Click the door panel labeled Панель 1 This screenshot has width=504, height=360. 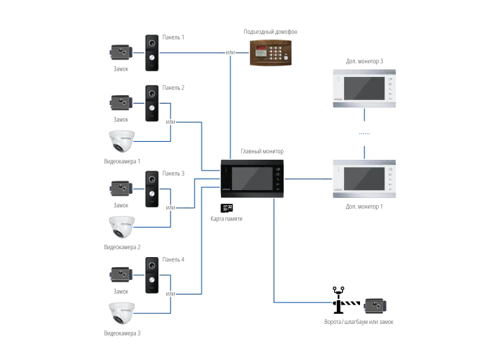click(152, 53)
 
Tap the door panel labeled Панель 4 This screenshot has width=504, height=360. click(152, 275)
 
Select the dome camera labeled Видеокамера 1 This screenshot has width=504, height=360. click(122, 141)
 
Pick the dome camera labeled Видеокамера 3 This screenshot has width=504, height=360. click(122, 313)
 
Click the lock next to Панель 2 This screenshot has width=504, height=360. click(121, 102)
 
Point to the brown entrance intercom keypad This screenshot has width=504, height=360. click(271, 53)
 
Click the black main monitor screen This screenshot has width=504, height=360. click(252, 179)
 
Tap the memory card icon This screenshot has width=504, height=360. click(227, 208)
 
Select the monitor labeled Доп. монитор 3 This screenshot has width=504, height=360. click(364, 88)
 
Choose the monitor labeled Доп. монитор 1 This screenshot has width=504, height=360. click(364, 179)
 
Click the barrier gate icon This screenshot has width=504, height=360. click(345, 300)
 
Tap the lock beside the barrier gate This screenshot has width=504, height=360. click(375, 306)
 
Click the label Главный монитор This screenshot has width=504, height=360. click(262, 151)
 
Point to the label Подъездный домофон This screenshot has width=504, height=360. click(270, 32)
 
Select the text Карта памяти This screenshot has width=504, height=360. click(226, 219)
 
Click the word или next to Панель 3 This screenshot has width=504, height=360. click(171, 207)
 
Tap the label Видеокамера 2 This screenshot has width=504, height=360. click(122, 247)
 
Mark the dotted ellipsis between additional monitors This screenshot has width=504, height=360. click(364, 133)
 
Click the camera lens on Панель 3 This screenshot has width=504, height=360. click(152, 179)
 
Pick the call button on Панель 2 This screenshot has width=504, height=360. click(152, 108)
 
